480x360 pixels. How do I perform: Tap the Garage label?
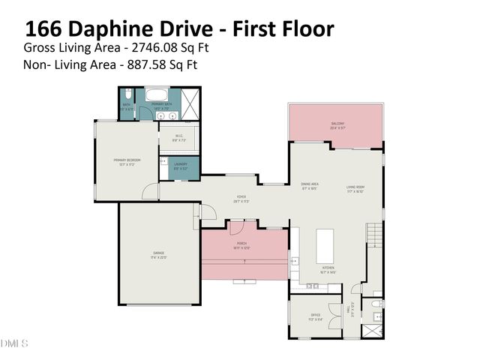(x=159, y=255)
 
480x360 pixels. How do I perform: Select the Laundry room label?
(x=180, y=166)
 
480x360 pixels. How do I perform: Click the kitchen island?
(x=325, y=244)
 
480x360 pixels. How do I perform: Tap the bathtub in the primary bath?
(x=157, y=96)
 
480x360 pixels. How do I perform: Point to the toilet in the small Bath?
(x=128, y=94)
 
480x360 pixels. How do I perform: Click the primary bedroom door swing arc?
(x=151, y=192)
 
